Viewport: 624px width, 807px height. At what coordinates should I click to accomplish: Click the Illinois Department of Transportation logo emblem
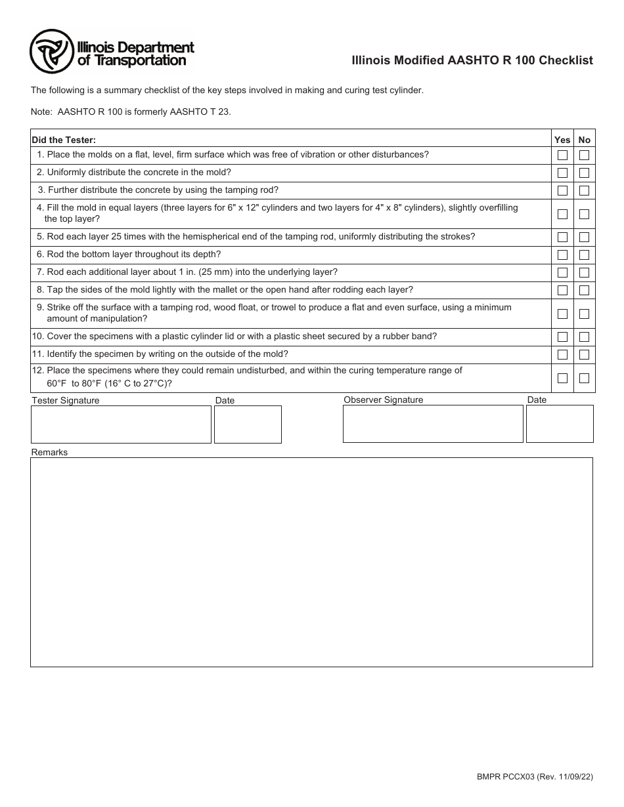(51, 52)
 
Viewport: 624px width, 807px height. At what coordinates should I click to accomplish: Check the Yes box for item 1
(562, 155)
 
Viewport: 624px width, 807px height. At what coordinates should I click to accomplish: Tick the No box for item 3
(584, 191)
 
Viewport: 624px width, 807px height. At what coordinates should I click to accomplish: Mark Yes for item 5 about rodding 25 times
(562, 238)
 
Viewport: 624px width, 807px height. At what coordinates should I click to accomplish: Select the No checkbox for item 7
(584, 273)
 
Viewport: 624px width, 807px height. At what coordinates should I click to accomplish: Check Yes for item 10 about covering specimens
(562, 337)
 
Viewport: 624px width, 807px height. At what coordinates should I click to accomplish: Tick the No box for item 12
(584, 379)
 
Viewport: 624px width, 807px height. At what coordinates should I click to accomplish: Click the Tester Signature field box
(121, 424)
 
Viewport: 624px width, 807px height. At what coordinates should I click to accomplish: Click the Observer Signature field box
(433, 424)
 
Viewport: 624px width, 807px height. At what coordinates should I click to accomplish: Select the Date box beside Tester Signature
(248, 424)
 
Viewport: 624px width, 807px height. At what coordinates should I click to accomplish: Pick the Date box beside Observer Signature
(560, 424)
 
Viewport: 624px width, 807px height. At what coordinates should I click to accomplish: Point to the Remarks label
(49, 453)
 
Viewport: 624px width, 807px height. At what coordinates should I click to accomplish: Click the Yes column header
(562, 140)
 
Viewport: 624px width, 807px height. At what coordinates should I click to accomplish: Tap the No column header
(584, 140)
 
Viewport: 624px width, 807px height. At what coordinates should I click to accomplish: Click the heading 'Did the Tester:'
(64, 140)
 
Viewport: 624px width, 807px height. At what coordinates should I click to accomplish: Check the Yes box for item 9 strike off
(562, 314)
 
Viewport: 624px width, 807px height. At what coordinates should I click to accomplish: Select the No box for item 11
(584, 355)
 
